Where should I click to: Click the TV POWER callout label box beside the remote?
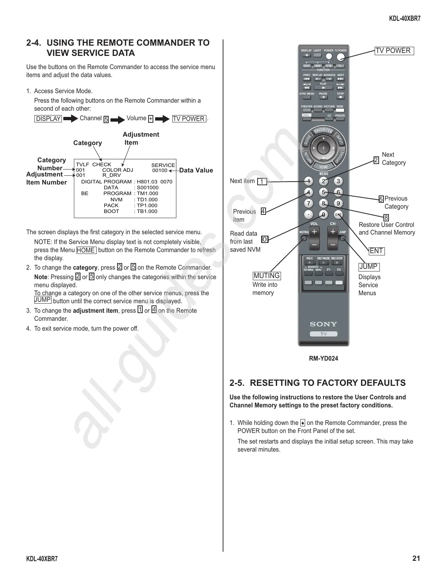click(x=394, y=51)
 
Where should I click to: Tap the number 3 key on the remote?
click(x=338, y=181)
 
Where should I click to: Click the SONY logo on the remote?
click(x=323, y=324)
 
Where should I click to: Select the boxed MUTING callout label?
click(x=267, y=275)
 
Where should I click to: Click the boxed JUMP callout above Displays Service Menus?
click(x=368, y=267)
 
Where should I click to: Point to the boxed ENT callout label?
click(x=376, y=251)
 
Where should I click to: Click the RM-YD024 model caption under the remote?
click(x=323, y=358)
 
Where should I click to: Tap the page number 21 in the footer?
click(x=416, y=558)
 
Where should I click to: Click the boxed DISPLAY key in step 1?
click(x=48, y=119)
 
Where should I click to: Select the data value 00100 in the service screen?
click(x=160, y=170)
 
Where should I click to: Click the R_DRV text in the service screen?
click(x=112, y=175)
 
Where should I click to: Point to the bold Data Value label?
click(x=196, y=170)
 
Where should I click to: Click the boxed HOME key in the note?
click(x=86, y=250)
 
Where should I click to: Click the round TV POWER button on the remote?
click(x=341, y=57)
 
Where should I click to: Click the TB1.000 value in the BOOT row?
click(x=147, y=211)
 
